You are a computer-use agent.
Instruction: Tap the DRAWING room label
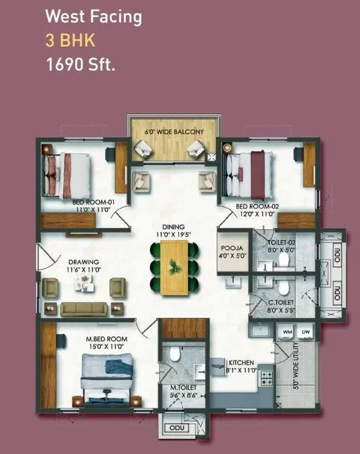(84, 262)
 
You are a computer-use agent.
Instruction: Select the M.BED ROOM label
(106, 339)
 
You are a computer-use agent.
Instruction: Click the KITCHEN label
(241, 362)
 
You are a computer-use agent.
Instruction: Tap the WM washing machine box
(288, 332)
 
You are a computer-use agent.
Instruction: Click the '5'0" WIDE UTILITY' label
(295, 370)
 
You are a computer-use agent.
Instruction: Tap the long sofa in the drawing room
(84, 309)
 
